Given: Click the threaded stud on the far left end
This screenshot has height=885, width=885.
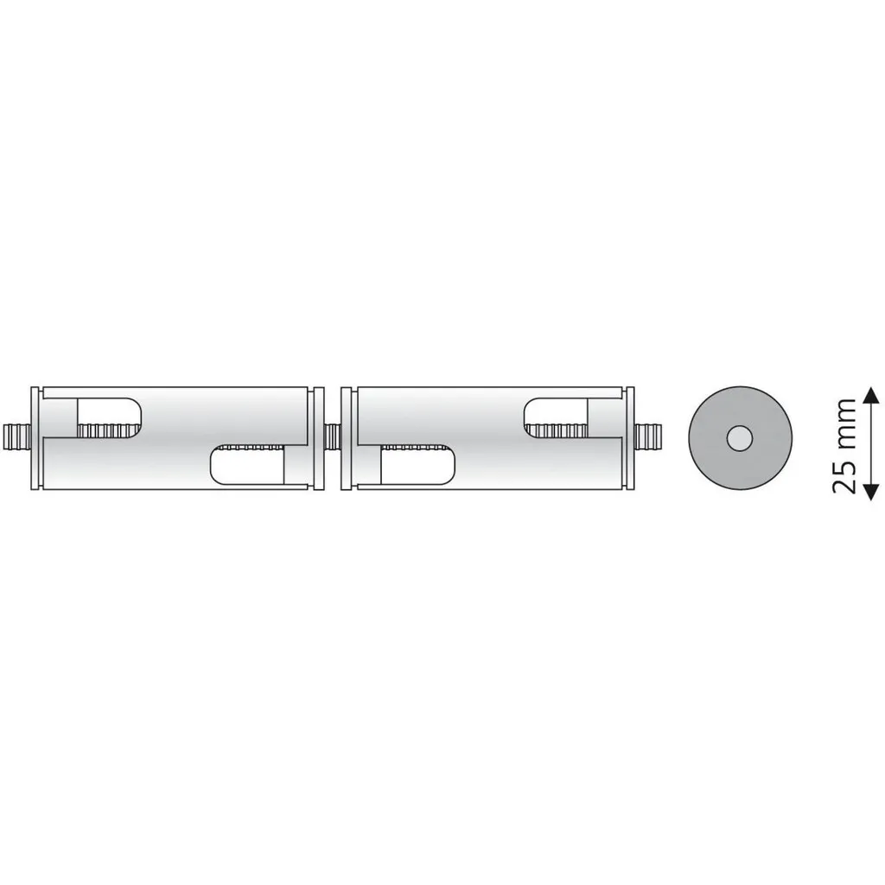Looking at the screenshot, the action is point(17,437).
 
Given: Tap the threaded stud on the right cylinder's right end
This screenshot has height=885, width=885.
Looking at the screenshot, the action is point(648,437).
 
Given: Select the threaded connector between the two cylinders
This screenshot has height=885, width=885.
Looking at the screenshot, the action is point(333,437).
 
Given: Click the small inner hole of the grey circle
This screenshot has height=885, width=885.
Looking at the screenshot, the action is point(740,438).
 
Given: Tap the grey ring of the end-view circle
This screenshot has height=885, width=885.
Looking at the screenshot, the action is point(705,438).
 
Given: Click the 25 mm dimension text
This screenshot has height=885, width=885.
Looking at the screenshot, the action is point(844,446).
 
